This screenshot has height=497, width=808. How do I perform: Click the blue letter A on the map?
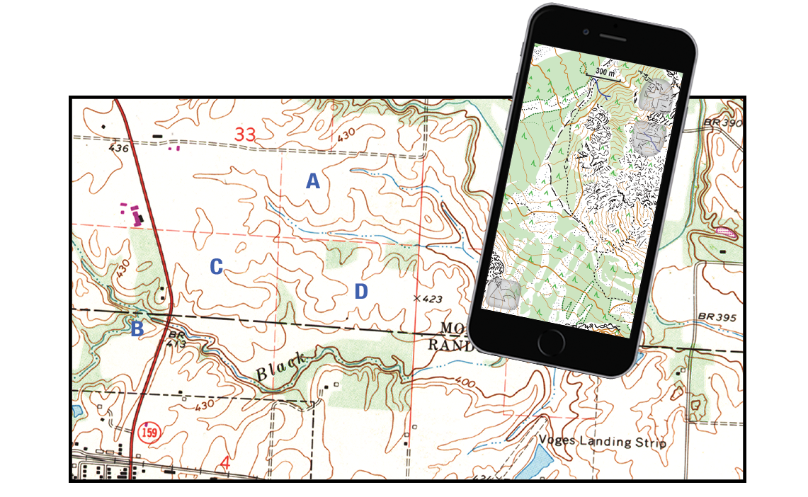[312, 182]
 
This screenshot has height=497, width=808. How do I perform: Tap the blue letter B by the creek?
[137, 329]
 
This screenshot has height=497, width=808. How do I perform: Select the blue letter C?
[217, 267]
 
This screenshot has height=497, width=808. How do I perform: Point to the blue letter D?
[361, 292]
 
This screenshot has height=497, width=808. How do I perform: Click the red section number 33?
[245, 134]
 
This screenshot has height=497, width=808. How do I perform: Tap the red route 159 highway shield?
[149, 433]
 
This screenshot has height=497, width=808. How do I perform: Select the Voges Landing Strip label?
[602, 442]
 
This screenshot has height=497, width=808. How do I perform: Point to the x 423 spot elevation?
[428, 299]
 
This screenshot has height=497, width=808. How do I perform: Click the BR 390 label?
[722, 123]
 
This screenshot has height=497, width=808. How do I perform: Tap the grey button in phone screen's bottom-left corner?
[502, 294]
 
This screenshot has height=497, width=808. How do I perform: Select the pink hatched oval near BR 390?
[726, 232]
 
